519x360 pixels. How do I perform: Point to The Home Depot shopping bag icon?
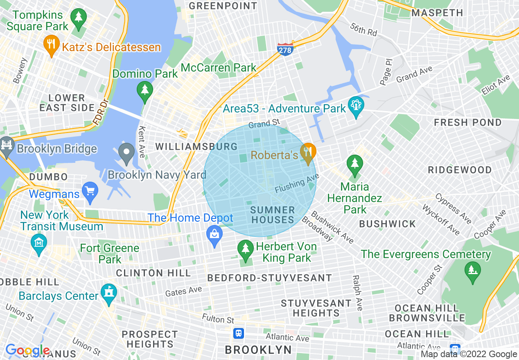click(214, 235)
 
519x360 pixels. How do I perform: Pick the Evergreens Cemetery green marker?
click(473, 271)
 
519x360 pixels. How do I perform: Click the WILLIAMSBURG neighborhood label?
click(196, 146)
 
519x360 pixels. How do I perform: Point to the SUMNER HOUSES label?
click(273, 215)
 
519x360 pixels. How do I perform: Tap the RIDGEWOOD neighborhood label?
click(460, 170)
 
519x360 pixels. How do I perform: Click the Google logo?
click(27, 351)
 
